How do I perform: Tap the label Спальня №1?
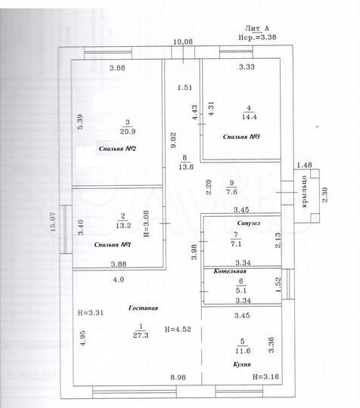click(x=113, y=245)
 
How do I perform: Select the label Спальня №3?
click(x=242, y=138)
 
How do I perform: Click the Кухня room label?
click(x=243, y=363)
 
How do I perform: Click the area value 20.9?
click(x=128, y=129)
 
